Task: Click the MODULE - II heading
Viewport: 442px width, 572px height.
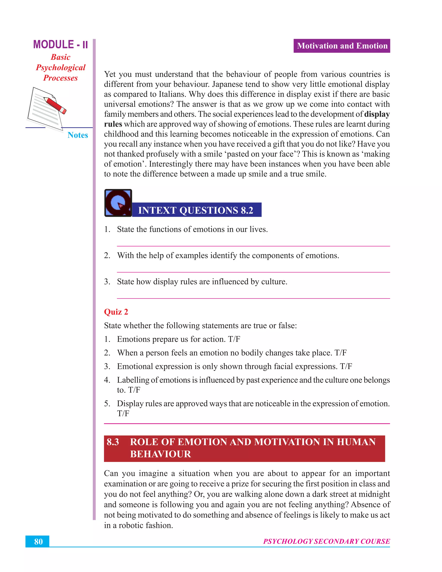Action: [60, 44]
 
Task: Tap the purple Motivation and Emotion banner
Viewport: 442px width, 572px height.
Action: [342, 46]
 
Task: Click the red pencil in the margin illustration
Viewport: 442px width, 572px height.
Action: [55, 105]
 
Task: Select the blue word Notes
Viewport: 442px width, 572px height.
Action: [77, 135]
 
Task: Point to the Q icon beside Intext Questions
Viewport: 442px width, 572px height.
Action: [118, 203]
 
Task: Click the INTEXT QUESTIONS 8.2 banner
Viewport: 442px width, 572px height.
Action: [196, 210]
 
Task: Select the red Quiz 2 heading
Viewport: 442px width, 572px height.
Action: [116, 312]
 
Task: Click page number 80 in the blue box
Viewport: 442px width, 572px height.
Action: [38, 542]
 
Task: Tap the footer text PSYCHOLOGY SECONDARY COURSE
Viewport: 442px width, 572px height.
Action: [326, 541]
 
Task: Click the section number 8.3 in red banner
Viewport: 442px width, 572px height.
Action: [113, 442]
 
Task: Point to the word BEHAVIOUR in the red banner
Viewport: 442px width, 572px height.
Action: [161, 454]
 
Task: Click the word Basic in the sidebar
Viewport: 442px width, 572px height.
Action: [60, 57]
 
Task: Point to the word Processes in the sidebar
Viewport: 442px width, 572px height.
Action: [60, 78]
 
